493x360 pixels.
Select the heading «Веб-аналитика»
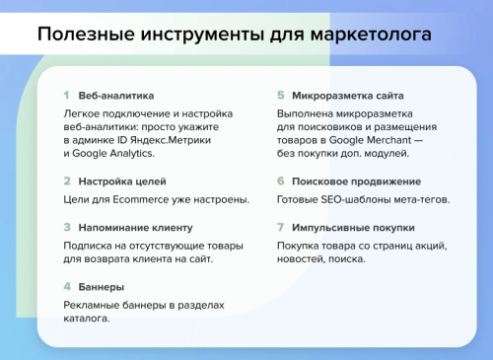click(x=116, y=96)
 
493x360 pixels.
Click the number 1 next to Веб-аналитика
click(x=66, y=96)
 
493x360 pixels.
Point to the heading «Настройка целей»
click(x=122, y=181)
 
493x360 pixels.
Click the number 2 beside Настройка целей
click(x=67, y=181)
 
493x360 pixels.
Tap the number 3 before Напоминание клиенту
click(x=67, y=227)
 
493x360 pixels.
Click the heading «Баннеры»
click(x=101, y=287)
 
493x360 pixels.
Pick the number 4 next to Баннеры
click(x=67, y=287)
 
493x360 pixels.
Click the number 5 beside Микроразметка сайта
click(x=281, y=96)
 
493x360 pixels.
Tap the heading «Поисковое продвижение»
click(x=356, y=181)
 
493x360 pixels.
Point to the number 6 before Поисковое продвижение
click(x=281, y=181)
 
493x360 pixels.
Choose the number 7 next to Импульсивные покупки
click(x=281, y=227)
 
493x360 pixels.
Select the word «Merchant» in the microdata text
click(x=389, y=140)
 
